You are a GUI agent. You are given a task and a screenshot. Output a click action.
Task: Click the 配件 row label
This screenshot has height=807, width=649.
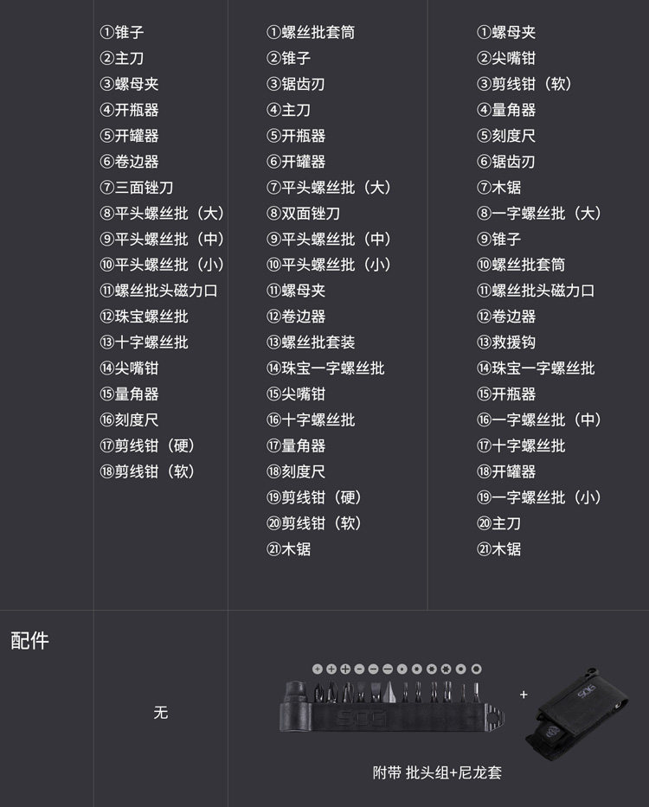point(29,641)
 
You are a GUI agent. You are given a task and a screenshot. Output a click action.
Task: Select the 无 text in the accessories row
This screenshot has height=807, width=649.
point(160,713)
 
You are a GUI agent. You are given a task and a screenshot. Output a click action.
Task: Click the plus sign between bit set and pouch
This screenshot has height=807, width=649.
point(524,694)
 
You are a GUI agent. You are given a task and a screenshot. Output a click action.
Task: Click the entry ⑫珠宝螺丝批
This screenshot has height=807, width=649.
point(144,317)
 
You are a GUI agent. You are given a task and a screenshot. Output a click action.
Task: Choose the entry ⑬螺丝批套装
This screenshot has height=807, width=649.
point(311,343)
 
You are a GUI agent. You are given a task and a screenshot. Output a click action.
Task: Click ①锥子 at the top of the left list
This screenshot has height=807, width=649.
point(122,33)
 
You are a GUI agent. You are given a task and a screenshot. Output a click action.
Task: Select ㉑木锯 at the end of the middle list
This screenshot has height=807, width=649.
point(288,549)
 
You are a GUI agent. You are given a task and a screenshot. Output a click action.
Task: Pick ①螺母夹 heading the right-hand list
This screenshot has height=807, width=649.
point(506,33)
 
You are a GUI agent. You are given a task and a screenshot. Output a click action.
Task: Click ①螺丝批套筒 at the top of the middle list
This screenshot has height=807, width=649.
point(311,33)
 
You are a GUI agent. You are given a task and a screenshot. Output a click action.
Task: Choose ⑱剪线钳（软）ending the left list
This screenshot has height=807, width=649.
point(148,471)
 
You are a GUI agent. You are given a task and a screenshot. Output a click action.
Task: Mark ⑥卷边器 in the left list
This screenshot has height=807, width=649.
point(130,162)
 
